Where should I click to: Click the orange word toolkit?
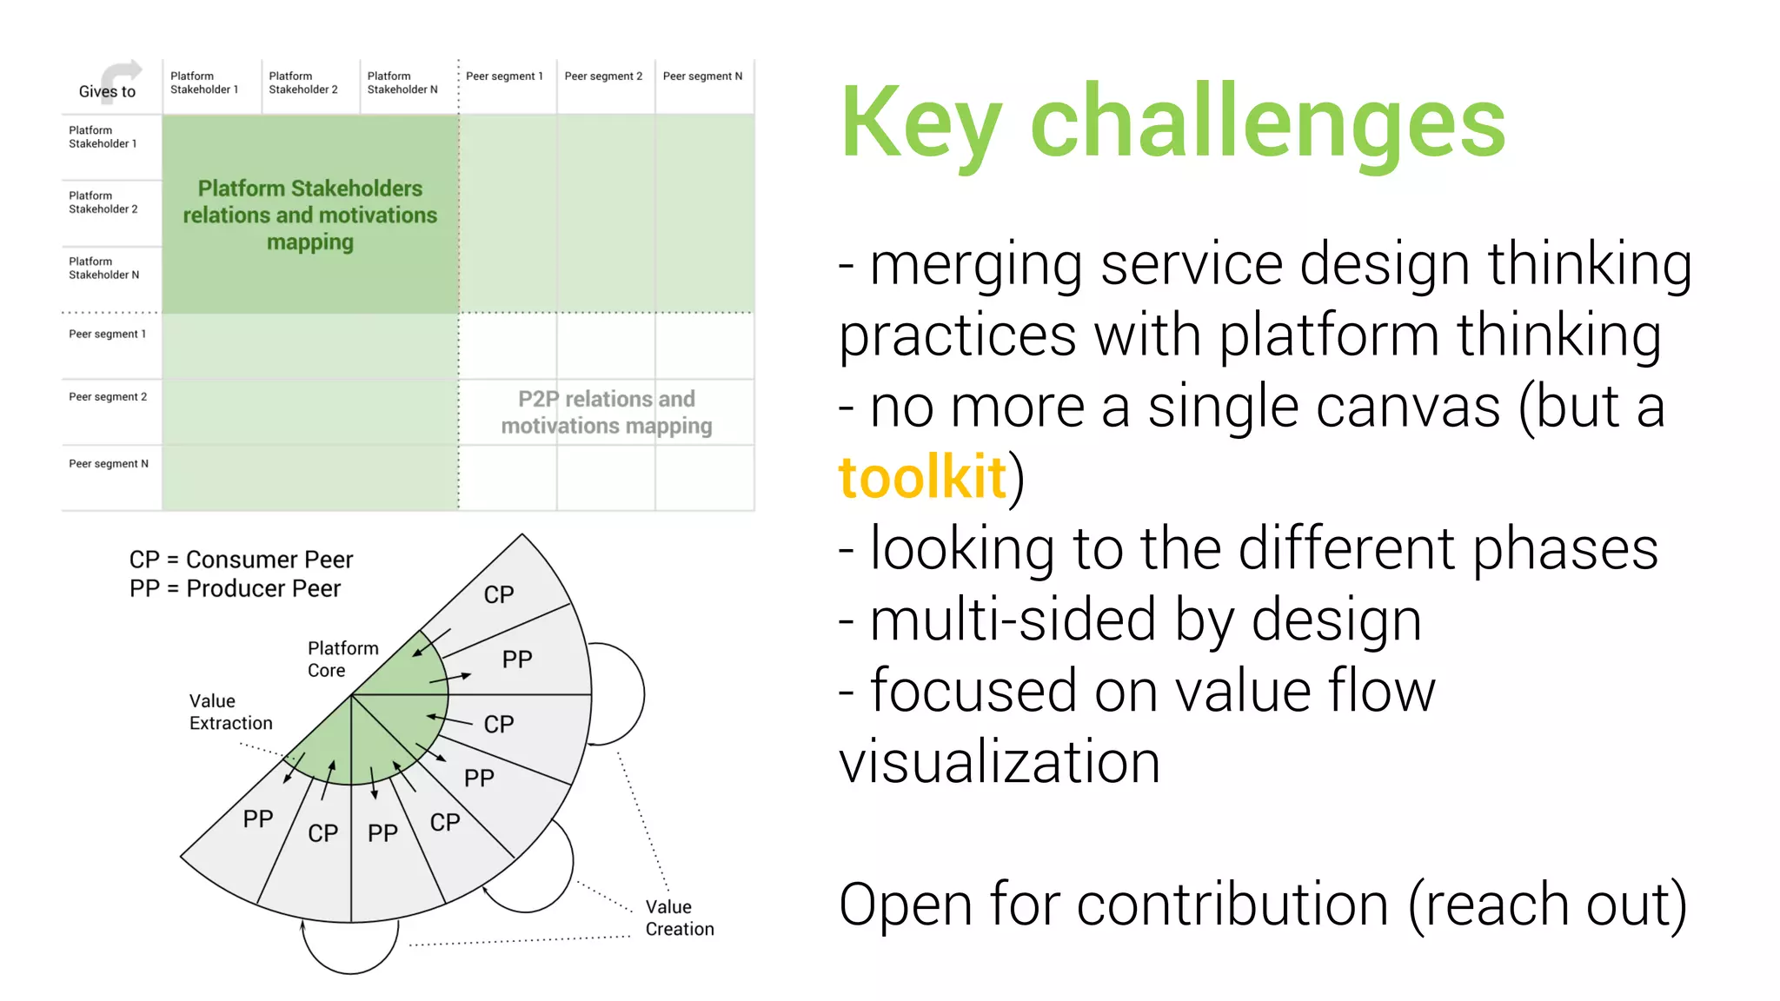click(x=922, y=477)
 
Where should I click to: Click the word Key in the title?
click(x=921, y=123)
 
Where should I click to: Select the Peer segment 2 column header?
click(x=603, y=76)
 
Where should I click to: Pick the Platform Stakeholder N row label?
click(x=103, y=268)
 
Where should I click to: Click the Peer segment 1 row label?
click(x=107, y=334)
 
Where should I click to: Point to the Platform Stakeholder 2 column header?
click(x=302, y=83)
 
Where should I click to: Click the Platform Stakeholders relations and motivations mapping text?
click(x=310, y=215)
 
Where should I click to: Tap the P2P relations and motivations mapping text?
click(x=606, y=412)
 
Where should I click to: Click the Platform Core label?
click(x=342, y=659)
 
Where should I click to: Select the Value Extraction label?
click(x=230, y=712)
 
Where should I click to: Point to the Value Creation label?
click(x=679, y=918)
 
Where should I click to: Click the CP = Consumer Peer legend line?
click(x=241, y=560)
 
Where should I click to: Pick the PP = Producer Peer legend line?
click(x=235, y=588)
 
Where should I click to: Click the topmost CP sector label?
click(x=499, y=594)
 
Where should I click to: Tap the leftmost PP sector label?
click(x=258, y=819)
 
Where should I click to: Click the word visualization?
click(x=1000, y=762)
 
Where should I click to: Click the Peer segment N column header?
click(x=702, y=76)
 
